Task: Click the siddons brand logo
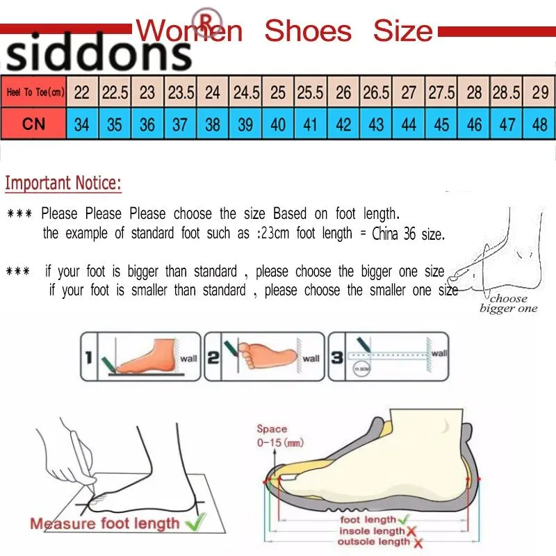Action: [x=97, y=54]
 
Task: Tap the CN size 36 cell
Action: [x=147, y=124]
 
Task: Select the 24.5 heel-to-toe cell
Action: [x=246, y=92]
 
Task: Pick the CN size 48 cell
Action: [x=539, y=124]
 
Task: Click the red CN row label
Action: [x=33, y=124]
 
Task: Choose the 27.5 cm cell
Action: [x=441, y=92]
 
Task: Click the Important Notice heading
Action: [x=63, y=183]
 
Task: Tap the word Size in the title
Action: [x=402, y=31]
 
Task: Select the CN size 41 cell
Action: [x=311, y=124]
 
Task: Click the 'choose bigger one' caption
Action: [x=509, y=304]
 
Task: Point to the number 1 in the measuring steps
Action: [x=89, y=358]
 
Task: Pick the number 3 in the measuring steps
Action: [x=336, y=358]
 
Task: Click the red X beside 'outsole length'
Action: [x=418, y=542]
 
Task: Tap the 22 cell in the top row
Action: [x=82, y=92]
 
